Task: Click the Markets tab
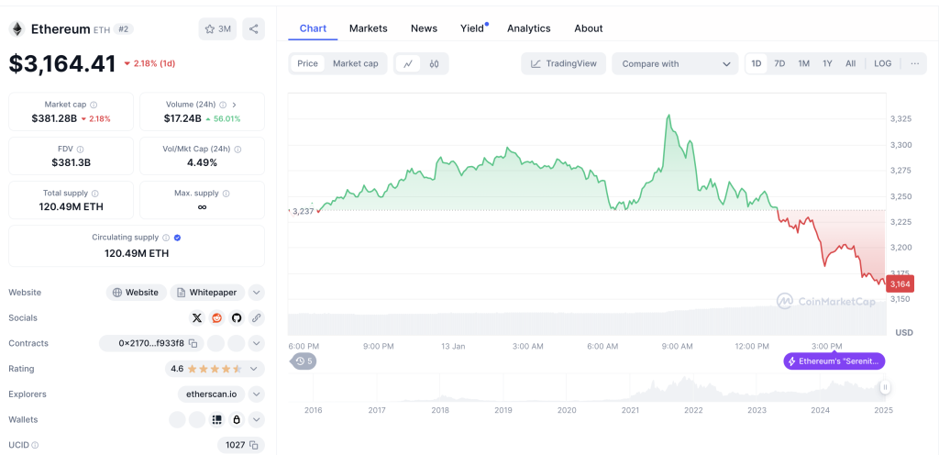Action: point(369,28)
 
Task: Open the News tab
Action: point(424,28)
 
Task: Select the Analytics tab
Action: point(529,28)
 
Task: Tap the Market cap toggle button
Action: point(356,63)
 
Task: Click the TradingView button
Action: point(564,63)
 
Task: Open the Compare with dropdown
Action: point(676,63)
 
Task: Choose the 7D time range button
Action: point(779,63)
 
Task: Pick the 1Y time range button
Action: point(827,63)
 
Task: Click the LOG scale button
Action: point(883,63)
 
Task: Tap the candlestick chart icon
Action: point(434,63)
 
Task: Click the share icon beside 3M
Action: point(253,28)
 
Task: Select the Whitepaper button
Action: point(208,293)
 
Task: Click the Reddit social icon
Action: point(216,318)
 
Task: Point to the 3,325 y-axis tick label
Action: point(900,119)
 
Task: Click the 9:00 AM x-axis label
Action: point(678,346)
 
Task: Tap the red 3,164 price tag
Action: point(900,283)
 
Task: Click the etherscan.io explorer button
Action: point(211,394)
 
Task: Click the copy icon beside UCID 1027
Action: point(254,445)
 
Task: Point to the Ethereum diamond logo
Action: point(17,28)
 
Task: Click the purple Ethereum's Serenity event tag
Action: point(834,361)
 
